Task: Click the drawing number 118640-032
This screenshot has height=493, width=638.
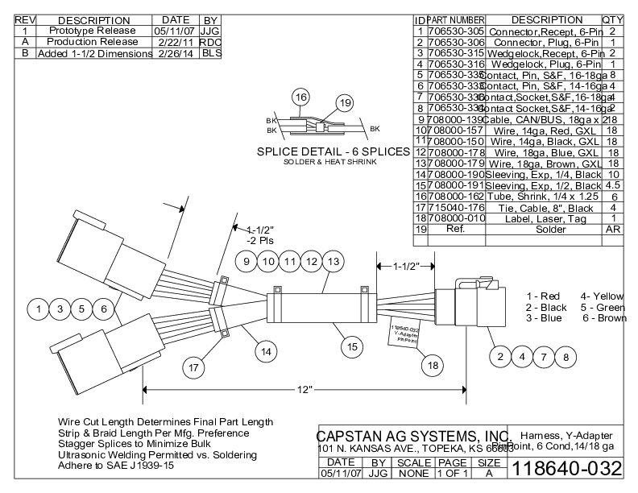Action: [568, 468]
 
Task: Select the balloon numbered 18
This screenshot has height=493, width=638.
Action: [433, 365]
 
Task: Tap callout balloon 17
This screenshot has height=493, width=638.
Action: [193, 367]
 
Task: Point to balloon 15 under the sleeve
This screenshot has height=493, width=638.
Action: [351, 347]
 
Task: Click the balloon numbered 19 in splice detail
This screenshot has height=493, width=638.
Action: [345, 103]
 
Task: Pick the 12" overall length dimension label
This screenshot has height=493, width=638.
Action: [303, 391]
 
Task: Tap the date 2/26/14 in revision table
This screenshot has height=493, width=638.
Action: [175, 53]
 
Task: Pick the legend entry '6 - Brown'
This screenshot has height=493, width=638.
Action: [603, 319]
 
